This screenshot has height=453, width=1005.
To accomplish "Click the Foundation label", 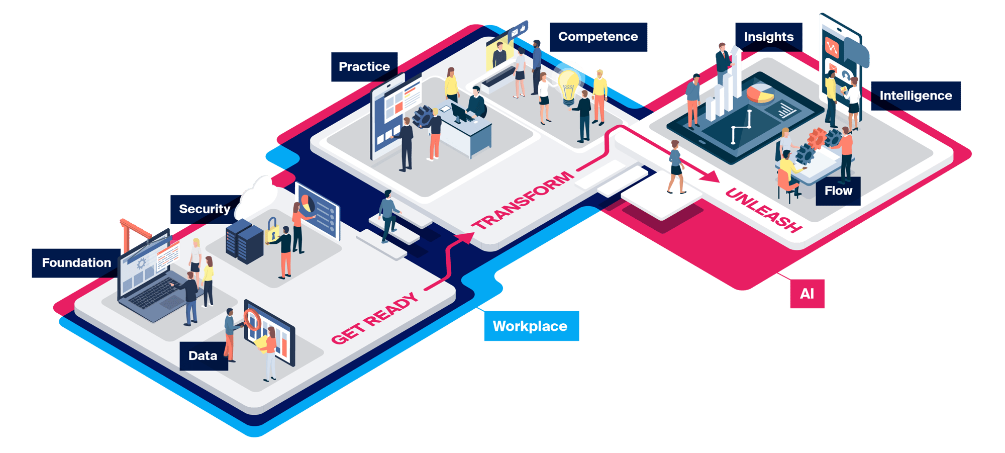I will tap(76, 263).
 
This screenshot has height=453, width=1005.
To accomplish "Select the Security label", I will tap(205, 209).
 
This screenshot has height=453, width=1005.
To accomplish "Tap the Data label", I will tap(203, 356).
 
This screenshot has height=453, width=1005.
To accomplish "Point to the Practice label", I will tap(364, 67).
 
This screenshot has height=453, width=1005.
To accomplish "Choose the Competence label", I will tap(598, 37).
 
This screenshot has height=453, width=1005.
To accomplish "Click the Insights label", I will tap(769, 37).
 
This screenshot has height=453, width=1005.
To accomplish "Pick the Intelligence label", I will tap(916, 96).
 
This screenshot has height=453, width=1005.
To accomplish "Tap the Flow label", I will tap(838, 191).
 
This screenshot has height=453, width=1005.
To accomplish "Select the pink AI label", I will tap(807, 294).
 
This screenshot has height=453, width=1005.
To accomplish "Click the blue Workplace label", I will tap(530, 326).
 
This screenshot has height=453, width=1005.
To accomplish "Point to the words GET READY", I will tap(375, 319).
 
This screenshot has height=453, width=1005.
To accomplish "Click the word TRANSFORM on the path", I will tap(523, 200).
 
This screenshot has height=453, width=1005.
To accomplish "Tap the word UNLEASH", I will tap(763, 210).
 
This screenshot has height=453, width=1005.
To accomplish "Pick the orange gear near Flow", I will tap(817, 138).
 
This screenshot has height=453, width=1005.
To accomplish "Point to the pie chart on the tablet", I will tap(760, 94).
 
